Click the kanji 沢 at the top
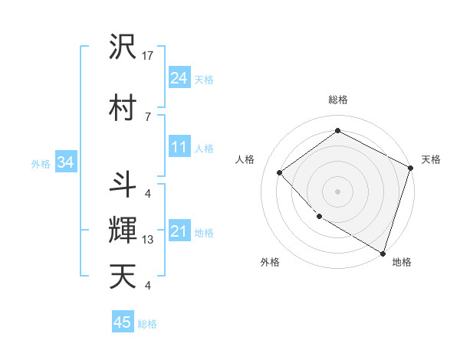coord(123,47)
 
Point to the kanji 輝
coord(123,230)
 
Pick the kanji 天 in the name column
coord(123,276)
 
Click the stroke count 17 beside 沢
coord(148,56)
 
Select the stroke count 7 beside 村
coord(147,116)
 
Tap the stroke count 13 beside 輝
coord(148,240)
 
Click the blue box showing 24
coord(179,77)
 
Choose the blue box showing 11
coord(179,147)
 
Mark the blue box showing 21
coord(179,231)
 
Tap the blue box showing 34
coord(65,162)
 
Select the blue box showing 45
coord(123,322)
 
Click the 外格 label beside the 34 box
coord(41,163)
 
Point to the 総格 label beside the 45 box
coord(148,324)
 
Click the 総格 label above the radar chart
coord(337,100)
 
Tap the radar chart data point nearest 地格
coord(383,252)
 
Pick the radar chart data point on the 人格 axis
coord(280,173)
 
